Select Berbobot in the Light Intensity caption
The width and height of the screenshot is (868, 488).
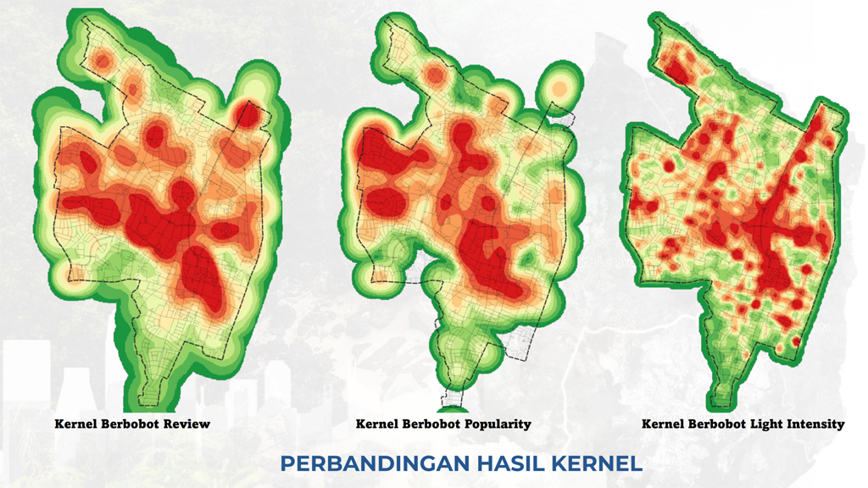709,424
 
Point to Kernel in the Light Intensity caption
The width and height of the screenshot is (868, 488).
663,424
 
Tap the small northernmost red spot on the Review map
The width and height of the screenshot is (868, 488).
103,60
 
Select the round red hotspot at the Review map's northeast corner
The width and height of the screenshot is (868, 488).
247,114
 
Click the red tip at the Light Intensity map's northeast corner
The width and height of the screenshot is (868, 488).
819,119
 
